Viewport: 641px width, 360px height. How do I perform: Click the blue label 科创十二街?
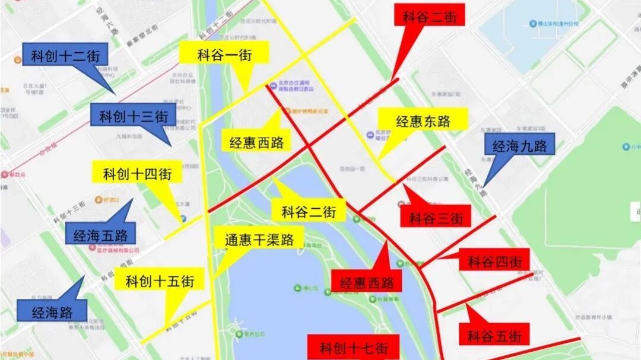click(65, 57)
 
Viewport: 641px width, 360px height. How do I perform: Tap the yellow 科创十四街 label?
click(137, 173)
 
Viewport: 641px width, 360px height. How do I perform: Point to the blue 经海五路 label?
click(100, 235)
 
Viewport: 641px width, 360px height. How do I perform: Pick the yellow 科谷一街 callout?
click(224, 55)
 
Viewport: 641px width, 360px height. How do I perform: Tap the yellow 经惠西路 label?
click(256, 141)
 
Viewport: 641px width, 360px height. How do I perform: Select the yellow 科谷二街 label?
click(309, 211)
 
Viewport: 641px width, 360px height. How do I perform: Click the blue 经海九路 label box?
click(520, 144)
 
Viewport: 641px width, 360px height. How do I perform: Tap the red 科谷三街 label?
click(436, 217)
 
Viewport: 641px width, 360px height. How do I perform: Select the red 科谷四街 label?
click(494, 260)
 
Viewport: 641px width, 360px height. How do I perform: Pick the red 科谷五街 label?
click(494, 336)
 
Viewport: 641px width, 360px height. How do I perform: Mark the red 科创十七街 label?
click(353, 346)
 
